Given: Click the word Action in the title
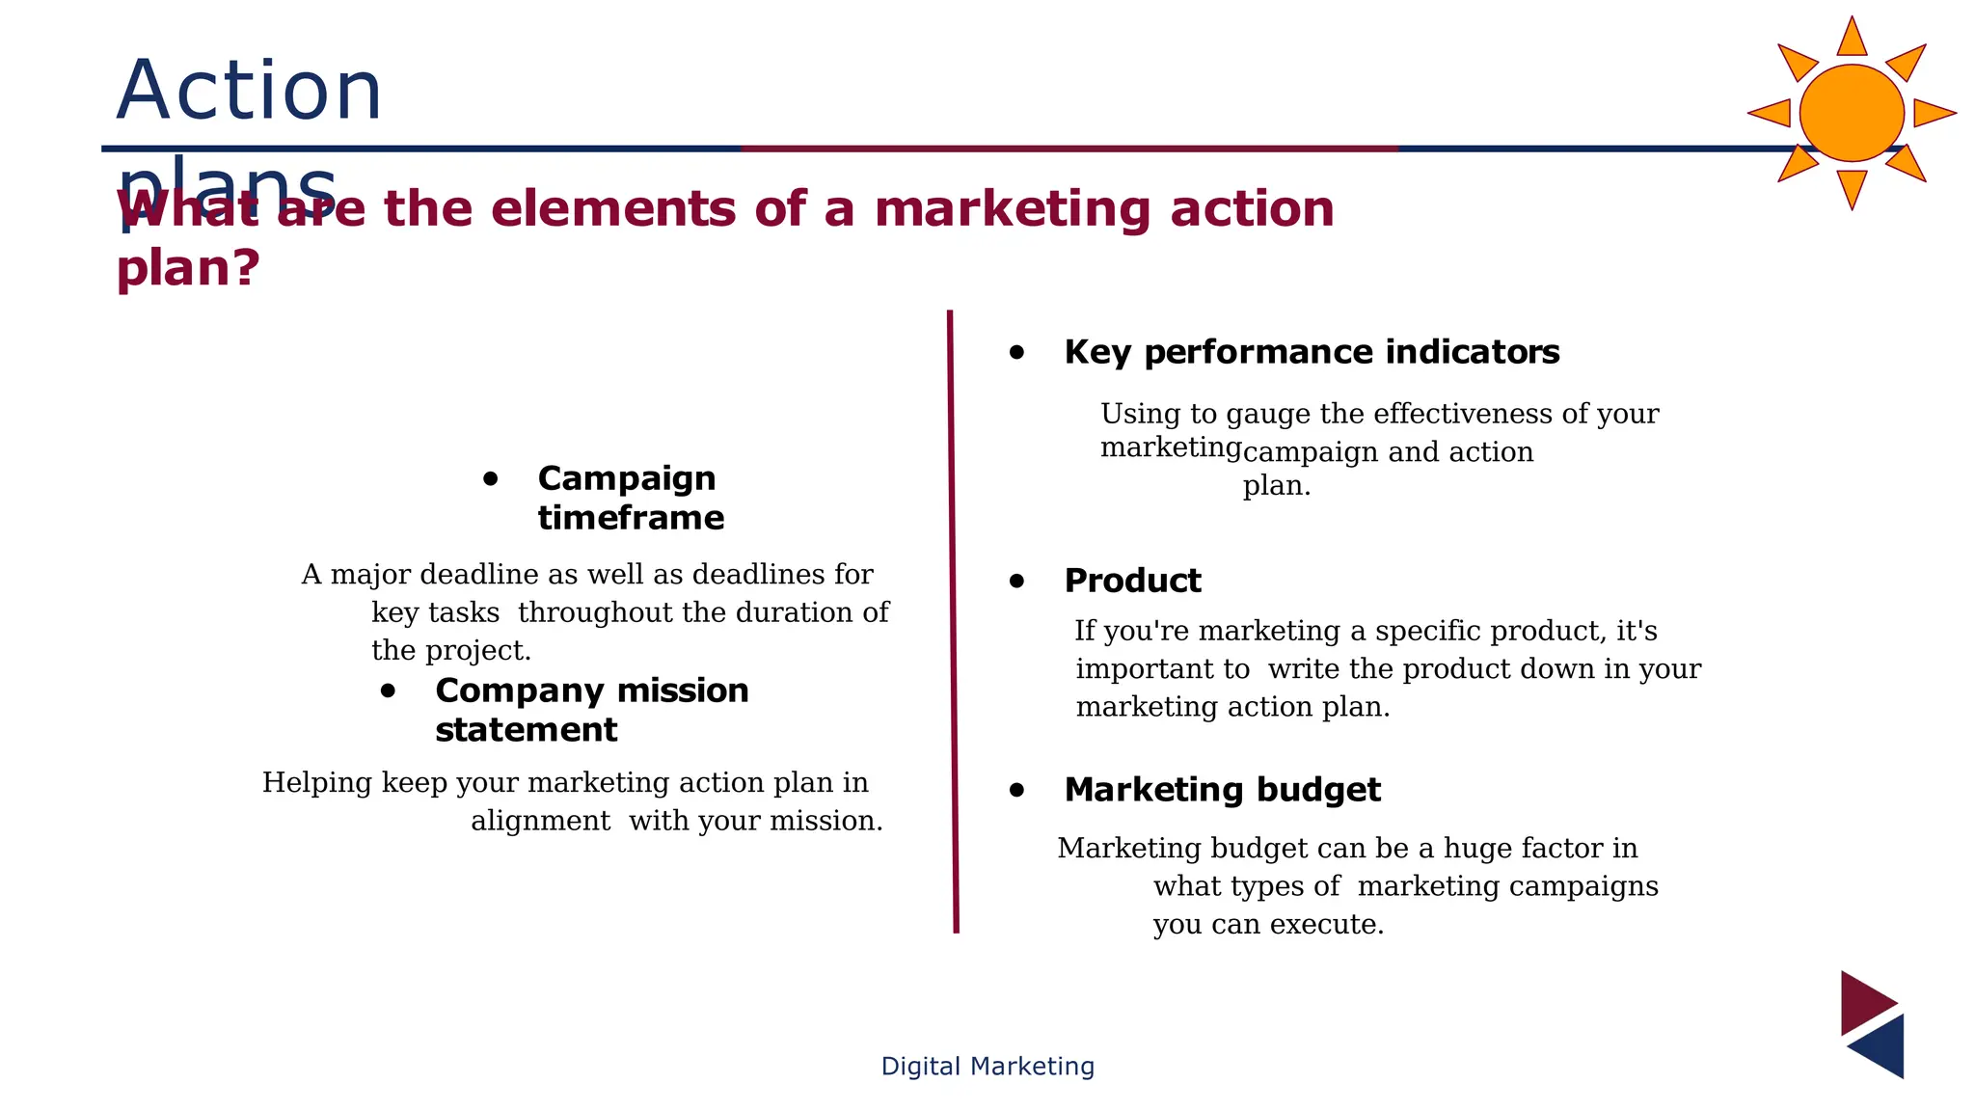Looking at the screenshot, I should (249, 91).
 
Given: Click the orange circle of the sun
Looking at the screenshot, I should (1851, 113).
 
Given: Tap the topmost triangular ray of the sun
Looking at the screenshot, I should (1852, 38).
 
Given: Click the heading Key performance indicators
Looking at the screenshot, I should (1311, 352).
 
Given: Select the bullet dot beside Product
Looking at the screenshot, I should (1016, 581).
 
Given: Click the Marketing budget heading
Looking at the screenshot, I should (1222, 790).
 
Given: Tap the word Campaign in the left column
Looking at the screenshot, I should (626, 478).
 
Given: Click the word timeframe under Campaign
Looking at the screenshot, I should (631, 518).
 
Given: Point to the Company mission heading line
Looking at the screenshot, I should (591, 691).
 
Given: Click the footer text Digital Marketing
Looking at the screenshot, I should (987, 1066).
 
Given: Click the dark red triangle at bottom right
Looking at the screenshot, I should (1863, 1002).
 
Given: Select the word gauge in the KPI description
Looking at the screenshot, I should (1268, 415).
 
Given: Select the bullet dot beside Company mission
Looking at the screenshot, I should (388, 691).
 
